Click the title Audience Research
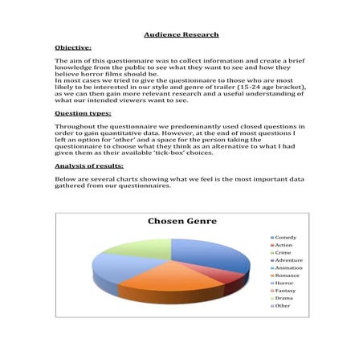tap(181, 35)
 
